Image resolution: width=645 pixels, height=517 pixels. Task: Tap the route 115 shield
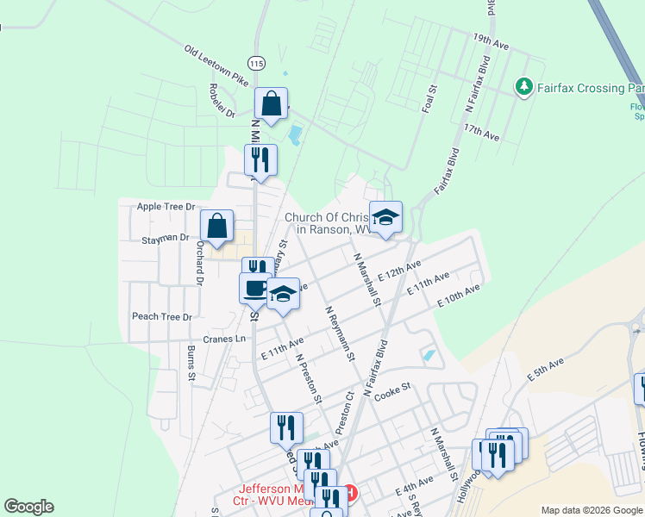click(x=255, y=63)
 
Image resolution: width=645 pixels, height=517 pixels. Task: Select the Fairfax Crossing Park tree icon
click(x=523, y=87)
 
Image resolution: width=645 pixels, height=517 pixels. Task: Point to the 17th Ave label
click(x=481, y=131)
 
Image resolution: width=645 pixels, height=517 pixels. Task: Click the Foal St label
click(x=429, y=99)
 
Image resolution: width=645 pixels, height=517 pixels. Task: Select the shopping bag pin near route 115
click(x=271, y=104)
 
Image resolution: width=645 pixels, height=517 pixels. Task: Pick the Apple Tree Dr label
click(x=166, y=207)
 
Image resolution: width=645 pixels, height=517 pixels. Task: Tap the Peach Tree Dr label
click(x=162, y=316)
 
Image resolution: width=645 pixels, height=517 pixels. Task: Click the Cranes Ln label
click(x=224, y=339)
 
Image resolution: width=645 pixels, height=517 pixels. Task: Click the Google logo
click(x=28, y=508)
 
